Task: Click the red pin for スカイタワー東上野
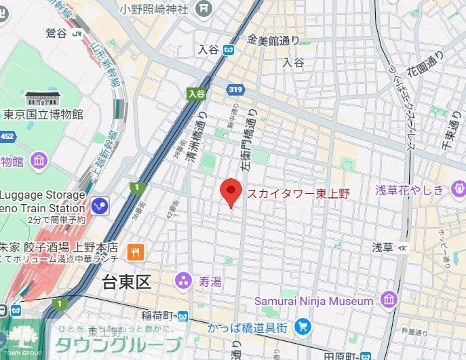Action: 231,193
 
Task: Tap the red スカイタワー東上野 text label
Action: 298,194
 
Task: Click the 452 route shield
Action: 6,137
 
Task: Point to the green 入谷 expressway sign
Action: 197,94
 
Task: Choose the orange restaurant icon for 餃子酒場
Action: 136,253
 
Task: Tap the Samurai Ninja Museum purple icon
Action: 389,300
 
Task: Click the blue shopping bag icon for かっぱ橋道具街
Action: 303,327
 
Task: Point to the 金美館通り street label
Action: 273,41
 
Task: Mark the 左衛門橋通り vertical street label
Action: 248,142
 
